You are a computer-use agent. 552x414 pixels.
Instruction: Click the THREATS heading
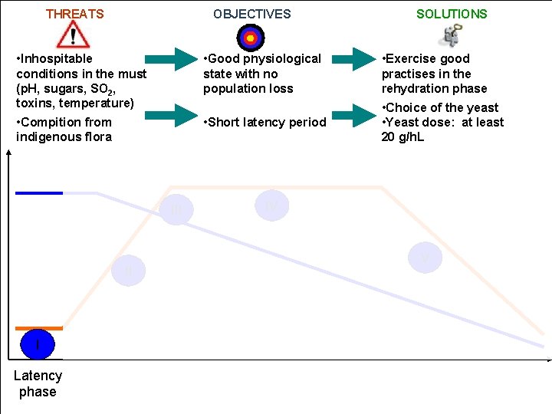coord(74,14)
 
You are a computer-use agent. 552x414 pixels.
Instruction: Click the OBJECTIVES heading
coord(252,14)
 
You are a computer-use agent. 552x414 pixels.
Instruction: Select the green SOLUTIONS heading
coord(452,14)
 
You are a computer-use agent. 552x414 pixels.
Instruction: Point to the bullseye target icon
coord(251,37)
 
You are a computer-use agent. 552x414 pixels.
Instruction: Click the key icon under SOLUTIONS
coord(452,34)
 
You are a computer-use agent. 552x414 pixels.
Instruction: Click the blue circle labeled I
coord(38,344)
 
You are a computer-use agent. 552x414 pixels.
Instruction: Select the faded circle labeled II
coord(128,271)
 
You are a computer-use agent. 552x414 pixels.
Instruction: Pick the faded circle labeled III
coord(176,209)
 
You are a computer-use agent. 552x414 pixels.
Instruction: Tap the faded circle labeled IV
coord(272,205)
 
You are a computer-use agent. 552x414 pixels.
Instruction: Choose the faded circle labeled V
coord(425,258)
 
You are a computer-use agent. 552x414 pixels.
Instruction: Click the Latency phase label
coord(38,383)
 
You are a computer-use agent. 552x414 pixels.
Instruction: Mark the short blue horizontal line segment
coord(39,192)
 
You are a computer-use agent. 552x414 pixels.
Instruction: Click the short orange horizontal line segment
coord(39,328)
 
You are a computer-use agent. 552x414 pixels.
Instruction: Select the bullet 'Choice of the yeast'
coord(442,107)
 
